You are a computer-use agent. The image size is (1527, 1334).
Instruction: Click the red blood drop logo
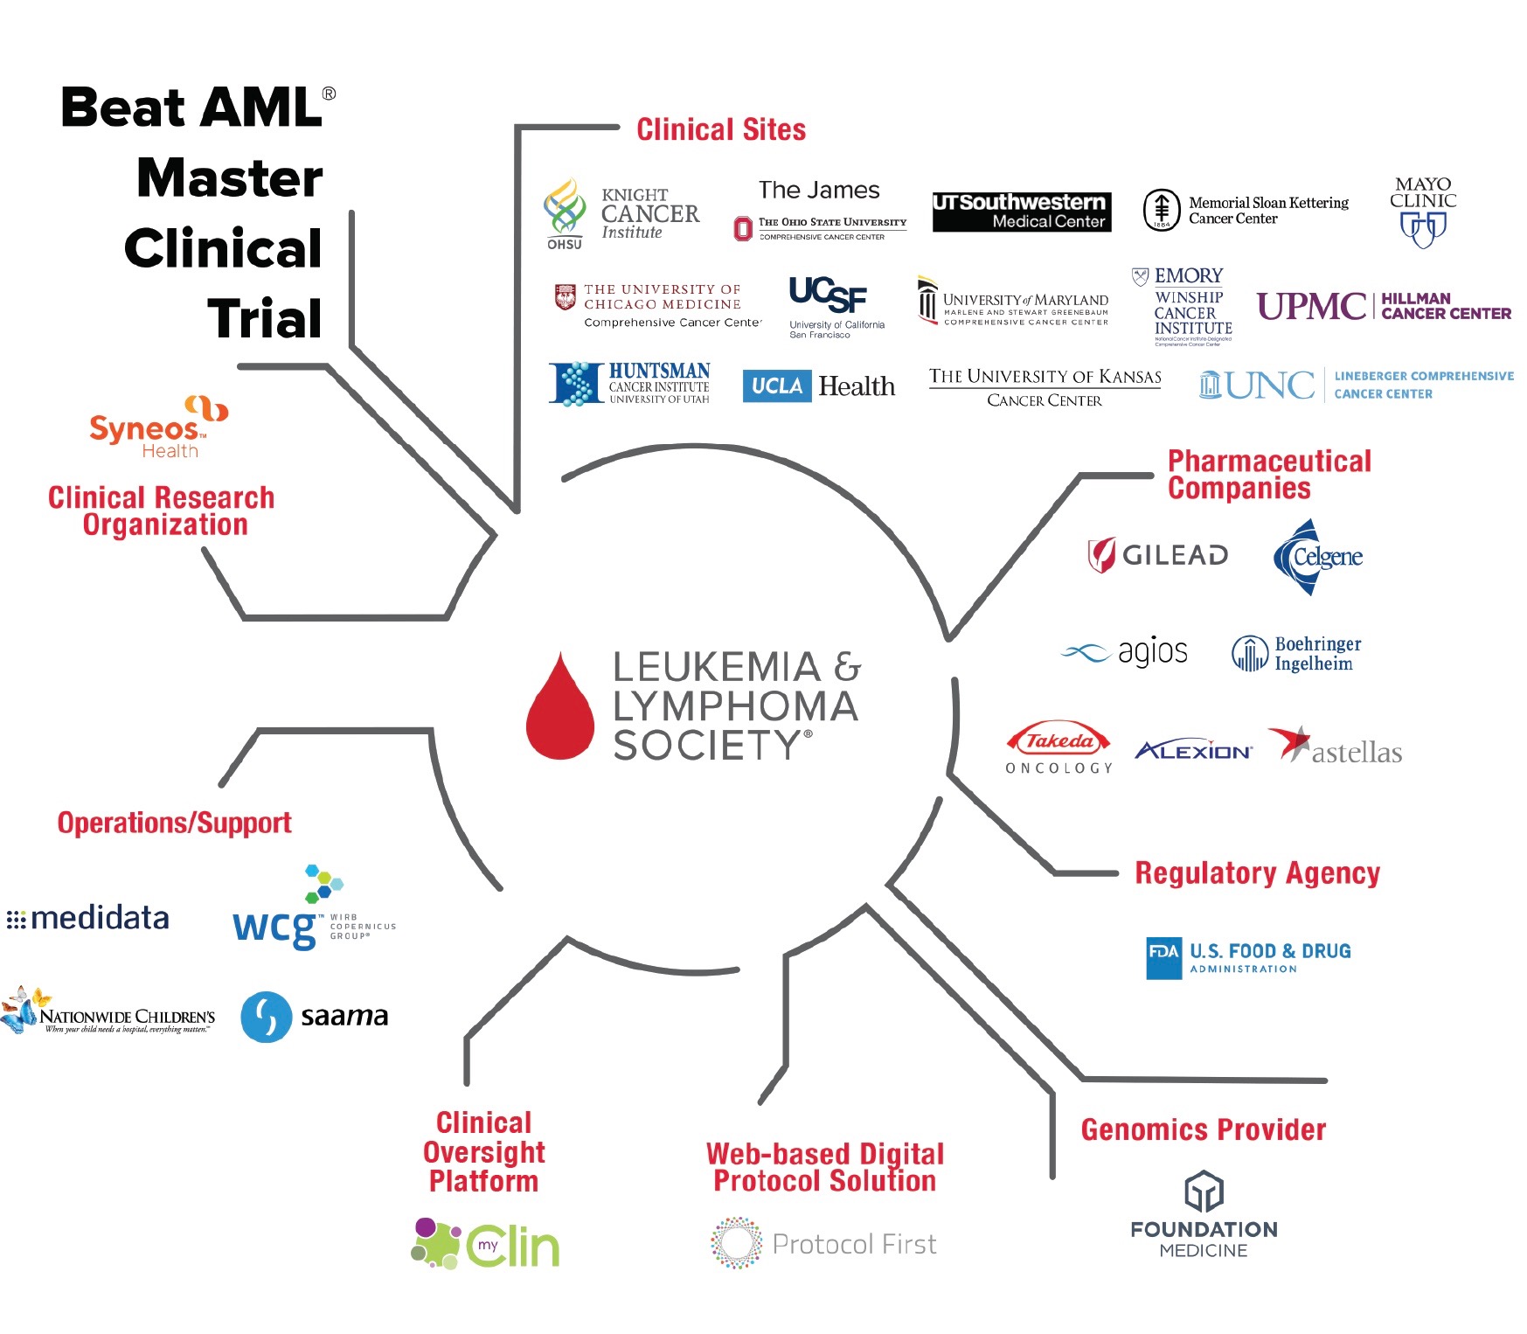560,707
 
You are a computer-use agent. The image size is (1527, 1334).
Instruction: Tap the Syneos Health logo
158,427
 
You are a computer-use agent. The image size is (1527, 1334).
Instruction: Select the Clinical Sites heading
720,130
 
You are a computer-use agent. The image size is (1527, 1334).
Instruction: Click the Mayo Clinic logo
1423,212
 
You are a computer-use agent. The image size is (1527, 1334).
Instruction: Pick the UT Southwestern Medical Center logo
1021,212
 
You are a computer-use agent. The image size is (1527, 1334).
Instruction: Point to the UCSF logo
829,304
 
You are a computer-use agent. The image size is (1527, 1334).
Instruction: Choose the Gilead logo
1157,554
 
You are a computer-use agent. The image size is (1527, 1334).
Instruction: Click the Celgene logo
1317,557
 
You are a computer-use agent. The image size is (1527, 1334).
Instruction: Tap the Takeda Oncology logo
1058,749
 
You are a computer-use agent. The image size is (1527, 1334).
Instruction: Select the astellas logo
1335,748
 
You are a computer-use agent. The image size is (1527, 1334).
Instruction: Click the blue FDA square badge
1163,958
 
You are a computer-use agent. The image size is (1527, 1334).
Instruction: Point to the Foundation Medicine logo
1204,1213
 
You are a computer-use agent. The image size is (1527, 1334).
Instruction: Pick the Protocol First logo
823,1243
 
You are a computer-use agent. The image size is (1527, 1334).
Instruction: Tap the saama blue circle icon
266,1017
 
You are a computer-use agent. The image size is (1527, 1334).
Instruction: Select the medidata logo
88,919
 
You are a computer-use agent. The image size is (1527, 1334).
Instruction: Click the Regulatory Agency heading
1256,873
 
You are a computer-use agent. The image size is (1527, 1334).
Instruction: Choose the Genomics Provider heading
1203,1129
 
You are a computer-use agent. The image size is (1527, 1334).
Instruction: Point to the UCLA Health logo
818,386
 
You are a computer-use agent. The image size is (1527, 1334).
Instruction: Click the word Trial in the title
265,318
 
